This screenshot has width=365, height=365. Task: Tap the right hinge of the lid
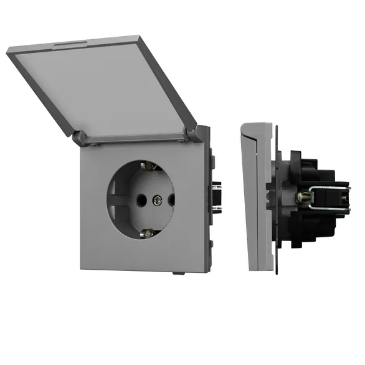click(201, 132)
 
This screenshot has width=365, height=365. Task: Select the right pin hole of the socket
click(170, 200)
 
